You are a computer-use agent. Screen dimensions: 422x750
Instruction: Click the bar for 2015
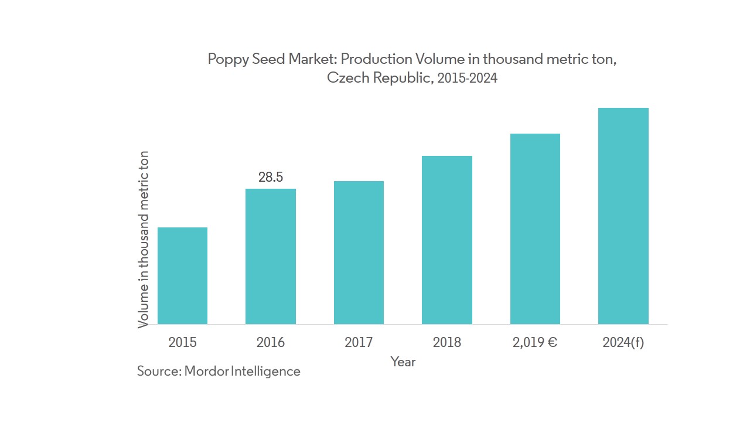click(182, 275)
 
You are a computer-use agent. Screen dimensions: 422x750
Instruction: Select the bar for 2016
click(270, 256)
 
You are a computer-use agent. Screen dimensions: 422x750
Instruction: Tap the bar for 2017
click(359, 253)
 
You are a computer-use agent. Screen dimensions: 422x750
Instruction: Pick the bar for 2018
click(446, 240)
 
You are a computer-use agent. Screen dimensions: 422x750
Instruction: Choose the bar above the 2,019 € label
click(535, 229)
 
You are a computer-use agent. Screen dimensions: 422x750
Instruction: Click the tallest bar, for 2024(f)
click(623, 216)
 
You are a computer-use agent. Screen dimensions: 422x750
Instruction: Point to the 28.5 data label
click(271, 177)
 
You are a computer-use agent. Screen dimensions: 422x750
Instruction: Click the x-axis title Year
click(403, 362)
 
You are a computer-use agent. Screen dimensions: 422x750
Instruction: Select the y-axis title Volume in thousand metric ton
click(144, 239)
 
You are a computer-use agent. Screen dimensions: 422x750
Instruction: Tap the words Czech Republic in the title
click(379, 79)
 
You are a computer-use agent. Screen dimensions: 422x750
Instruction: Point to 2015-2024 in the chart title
click(466, 79)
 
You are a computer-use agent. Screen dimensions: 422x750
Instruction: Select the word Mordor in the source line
click(206, 371)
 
